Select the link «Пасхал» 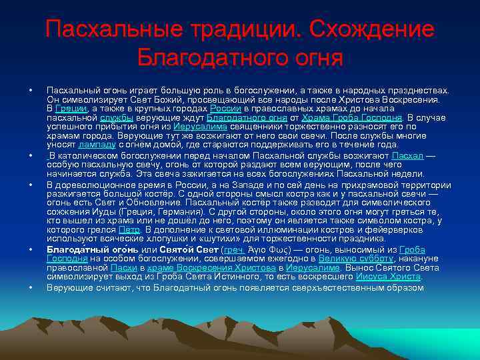click(x=407, y=155)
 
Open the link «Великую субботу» click(x=355, y=259)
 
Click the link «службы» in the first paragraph click(x=117, y=117)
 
